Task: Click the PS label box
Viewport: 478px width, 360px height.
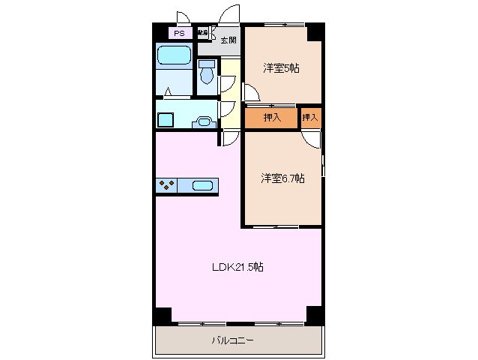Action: pyautogui.click(x=178, y=34)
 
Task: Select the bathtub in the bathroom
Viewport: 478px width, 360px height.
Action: pyautogui.click(x=174, y=57)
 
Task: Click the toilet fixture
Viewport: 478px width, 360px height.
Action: pyautogui.click(x=206, y=74)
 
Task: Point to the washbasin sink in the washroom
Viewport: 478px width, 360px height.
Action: pyautogui.click(x=202, y=121)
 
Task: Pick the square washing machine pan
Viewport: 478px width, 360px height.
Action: pyautogui.click(x=165, y=118)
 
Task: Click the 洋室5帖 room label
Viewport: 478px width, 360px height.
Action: pyautogui.click(x=281, y=68)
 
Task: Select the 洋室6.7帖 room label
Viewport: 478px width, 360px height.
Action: pyautogui.click(x=282, y=178)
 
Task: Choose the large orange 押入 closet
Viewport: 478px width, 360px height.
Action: pyautogui.click(x=271, y=117)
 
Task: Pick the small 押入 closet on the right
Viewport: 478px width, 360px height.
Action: pyautogui.click(x=310, y=117)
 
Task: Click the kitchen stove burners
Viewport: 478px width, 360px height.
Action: pyautogui.click(x=166, y=185)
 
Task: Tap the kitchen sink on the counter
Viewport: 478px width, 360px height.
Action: pyautogui.click(x=203, y=185)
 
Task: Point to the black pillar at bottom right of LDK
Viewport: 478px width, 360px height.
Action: pyautogui.click(x=315, y=316)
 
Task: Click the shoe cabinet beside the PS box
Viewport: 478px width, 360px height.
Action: pyautogui.click(x=202, y=33)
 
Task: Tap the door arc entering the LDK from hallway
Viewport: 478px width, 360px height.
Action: pyautogui.click(x=230, y=137)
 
